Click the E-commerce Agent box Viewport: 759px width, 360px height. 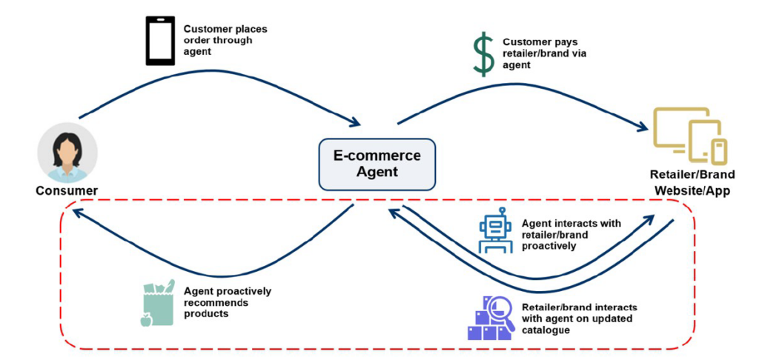(377, 164)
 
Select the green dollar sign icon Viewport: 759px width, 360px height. (484, 54)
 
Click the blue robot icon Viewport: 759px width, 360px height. (495, 230)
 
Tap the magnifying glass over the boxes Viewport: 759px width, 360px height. (501, 310)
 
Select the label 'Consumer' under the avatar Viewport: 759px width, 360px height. (67, 190)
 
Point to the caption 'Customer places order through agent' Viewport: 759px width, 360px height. (225, 40)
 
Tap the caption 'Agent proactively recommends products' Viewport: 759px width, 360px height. (227, 302)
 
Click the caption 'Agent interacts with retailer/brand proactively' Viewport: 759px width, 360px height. (571, 234)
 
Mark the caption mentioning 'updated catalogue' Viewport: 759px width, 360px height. (579, 318)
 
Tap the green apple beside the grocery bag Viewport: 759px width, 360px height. (146, 319)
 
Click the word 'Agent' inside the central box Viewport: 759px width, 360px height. (377, 172)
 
